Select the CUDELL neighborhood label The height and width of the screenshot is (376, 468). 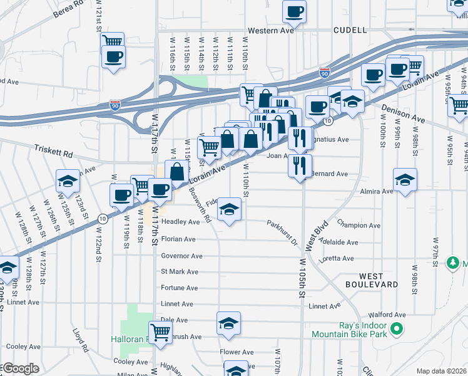[x=350, y=29]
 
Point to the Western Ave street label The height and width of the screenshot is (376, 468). [x=270, y=30]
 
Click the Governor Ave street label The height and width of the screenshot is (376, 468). [x=181, y=256]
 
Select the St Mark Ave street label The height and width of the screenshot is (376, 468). [x=180, y=271]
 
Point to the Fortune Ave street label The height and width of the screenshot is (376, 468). [x=180, y=288]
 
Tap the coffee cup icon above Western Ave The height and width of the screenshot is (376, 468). [x=295, y=11]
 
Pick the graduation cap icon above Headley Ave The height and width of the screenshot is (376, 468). [x=230, y=210]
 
